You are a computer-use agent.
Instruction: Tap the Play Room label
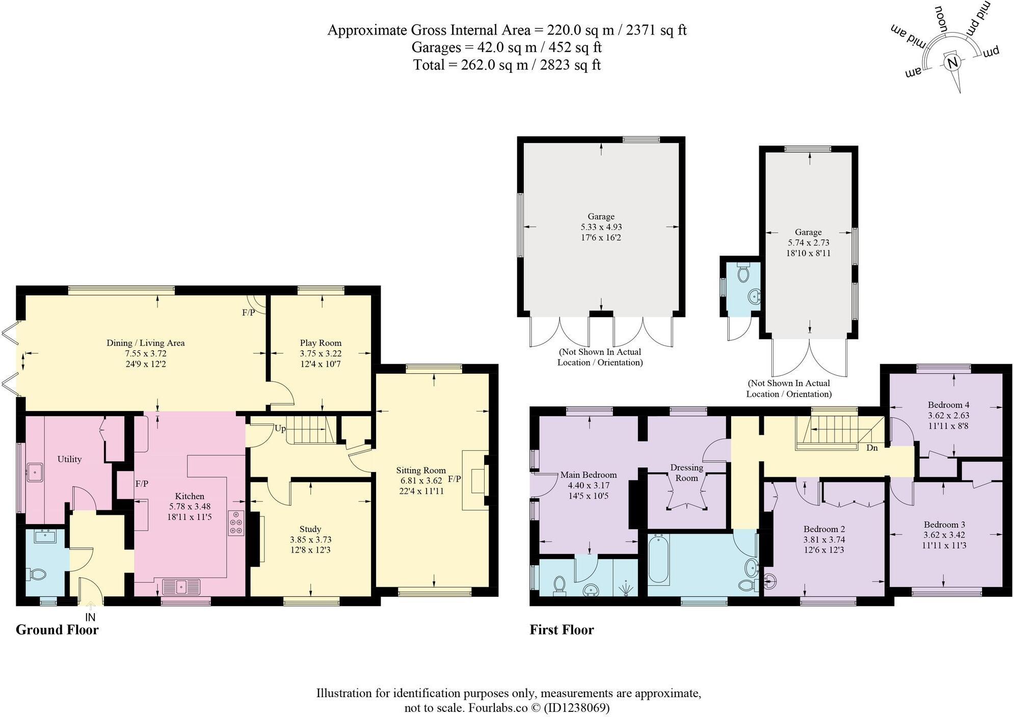coord(321,343)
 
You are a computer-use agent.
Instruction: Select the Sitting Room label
coord(421,470)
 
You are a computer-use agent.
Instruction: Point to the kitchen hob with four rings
coord(236,522)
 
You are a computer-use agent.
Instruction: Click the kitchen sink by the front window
coord(181,587)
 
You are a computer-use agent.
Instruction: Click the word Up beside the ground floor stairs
coord(280,428)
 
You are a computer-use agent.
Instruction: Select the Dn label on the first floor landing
coord(872,448)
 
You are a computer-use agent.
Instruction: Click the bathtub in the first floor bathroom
coord(656,560)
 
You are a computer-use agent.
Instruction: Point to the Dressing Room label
coord(686,473)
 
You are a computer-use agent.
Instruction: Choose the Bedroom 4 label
coord(948,405)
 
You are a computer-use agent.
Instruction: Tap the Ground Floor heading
coord(57,630)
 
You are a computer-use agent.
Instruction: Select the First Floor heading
coord(562,630)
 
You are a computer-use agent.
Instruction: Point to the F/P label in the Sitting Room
coord(455,479)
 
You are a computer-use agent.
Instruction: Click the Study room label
coord(310,529)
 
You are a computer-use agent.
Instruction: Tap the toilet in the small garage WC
coord(743,272)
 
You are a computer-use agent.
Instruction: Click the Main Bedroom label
coord(589,475)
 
